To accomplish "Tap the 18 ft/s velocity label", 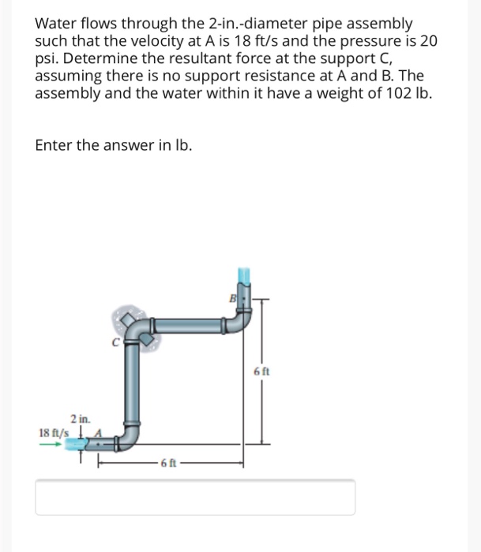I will tap(53, 432).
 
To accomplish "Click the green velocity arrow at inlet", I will tap(49, 443).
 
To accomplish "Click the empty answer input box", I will tap(195, 497).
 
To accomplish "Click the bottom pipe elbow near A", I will tap(131, 436).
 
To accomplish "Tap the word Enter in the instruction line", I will tap(53, 146).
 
